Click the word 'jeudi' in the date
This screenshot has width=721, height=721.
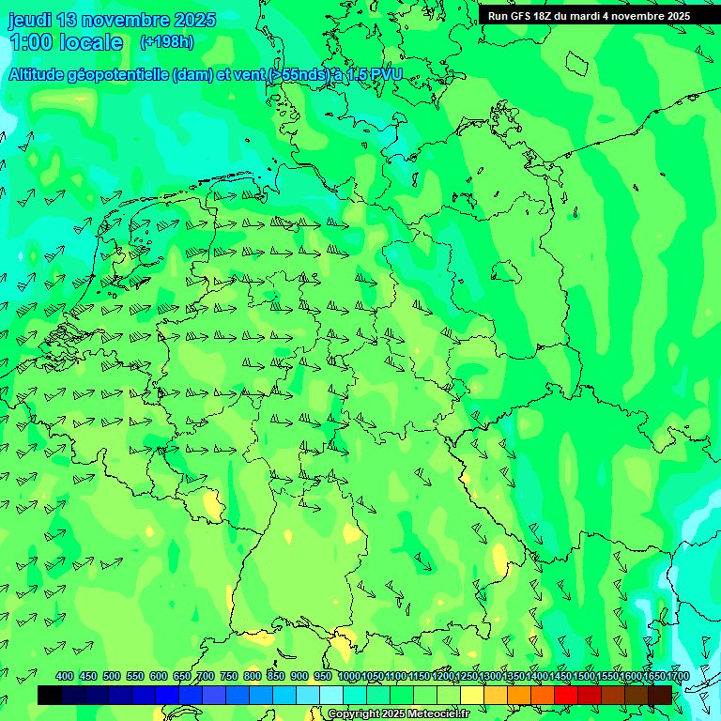(x=29, y=20)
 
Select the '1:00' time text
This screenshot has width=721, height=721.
(x=28, y=43)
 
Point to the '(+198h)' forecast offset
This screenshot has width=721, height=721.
(x=167, y=42)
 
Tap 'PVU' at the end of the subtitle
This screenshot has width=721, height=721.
(x=384, y=76)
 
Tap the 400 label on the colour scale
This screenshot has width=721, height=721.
(x=65, y=677)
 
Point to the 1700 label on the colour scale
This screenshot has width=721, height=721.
(x=678, y=677)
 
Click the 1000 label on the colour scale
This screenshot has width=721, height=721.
(x=349, y=677)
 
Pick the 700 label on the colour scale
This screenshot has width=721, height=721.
(x=206, y=677)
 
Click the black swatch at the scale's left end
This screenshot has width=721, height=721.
(x=50, y=695)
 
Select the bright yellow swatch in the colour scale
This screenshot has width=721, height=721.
(x=472, y=695)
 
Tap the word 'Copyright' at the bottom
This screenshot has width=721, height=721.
(x=352, y=714)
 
